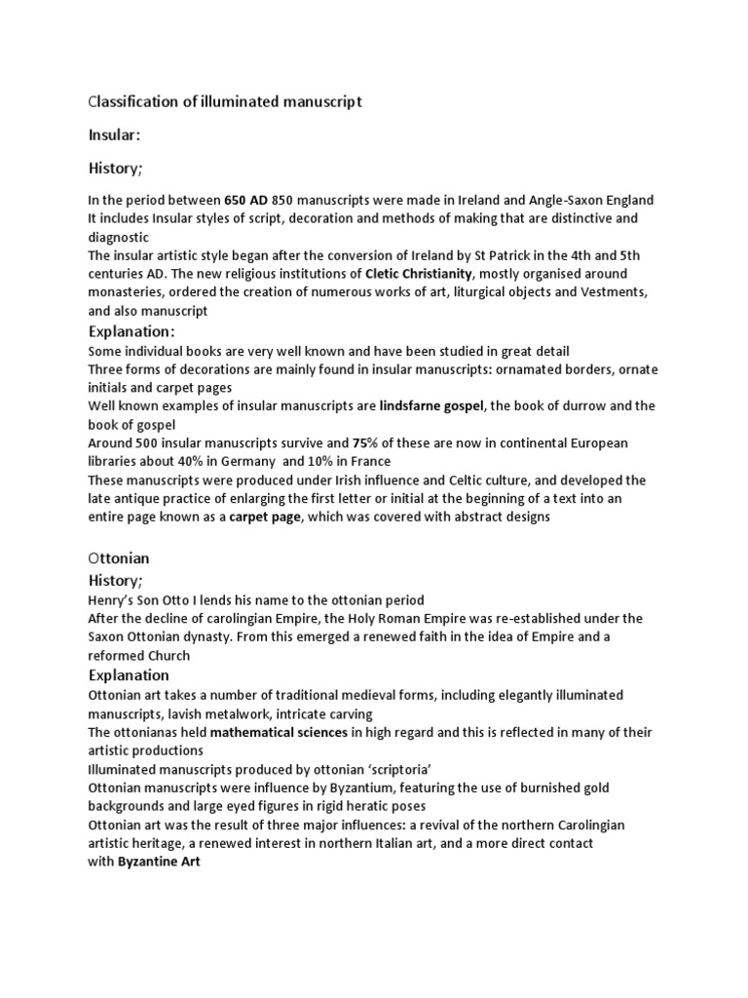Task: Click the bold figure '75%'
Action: pos(364,442)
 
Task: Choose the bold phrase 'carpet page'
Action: pos(265,517)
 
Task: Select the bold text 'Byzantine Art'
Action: pos(159,862)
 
